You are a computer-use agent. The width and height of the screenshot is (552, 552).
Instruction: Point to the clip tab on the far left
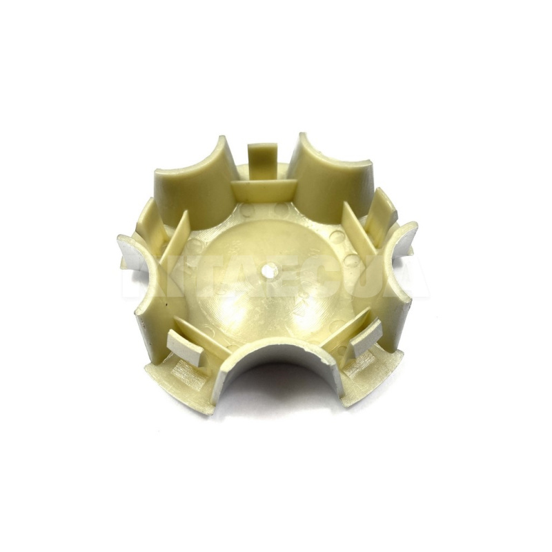146,219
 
